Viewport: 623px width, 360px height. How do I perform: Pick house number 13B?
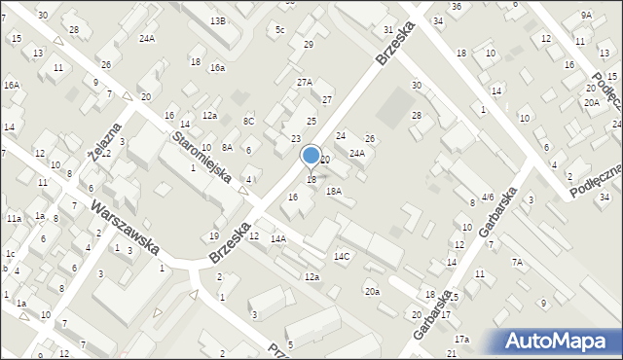click(218, 20)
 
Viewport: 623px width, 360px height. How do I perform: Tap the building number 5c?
click(279, 30)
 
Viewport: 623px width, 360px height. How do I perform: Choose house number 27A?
click(305, 83)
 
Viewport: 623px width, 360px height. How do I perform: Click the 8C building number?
click(248, 121)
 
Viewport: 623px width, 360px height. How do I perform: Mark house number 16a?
click(217, 67)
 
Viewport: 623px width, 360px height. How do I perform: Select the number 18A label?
click(334, 192)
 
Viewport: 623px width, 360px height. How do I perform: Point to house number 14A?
click(278, 238)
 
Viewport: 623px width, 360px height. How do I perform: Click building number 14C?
click(342, 257)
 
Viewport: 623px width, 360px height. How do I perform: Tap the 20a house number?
click(372, 291)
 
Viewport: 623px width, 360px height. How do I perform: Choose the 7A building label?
click(518, 262)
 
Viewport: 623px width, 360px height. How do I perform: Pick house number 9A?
click(586, 15)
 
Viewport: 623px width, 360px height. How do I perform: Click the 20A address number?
click(591, 102)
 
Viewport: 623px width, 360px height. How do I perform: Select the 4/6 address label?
click(488, 197)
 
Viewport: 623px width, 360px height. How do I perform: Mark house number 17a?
click(460, 339)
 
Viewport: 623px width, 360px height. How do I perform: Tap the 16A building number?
click(11, 86)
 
